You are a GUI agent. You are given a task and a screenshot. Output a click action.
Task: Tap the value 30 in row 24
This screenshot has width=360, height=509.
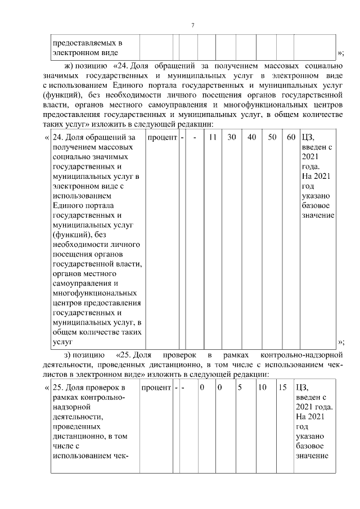click(x=232, y=137)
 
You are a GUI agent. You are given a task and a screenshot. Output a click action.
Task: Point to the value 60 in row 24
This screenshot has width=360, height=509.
click(x=290, y=137)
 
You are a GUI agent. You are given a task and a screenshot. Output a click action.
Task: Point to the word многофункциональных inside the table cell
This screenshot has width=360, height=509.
click(x=94, y=293)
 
